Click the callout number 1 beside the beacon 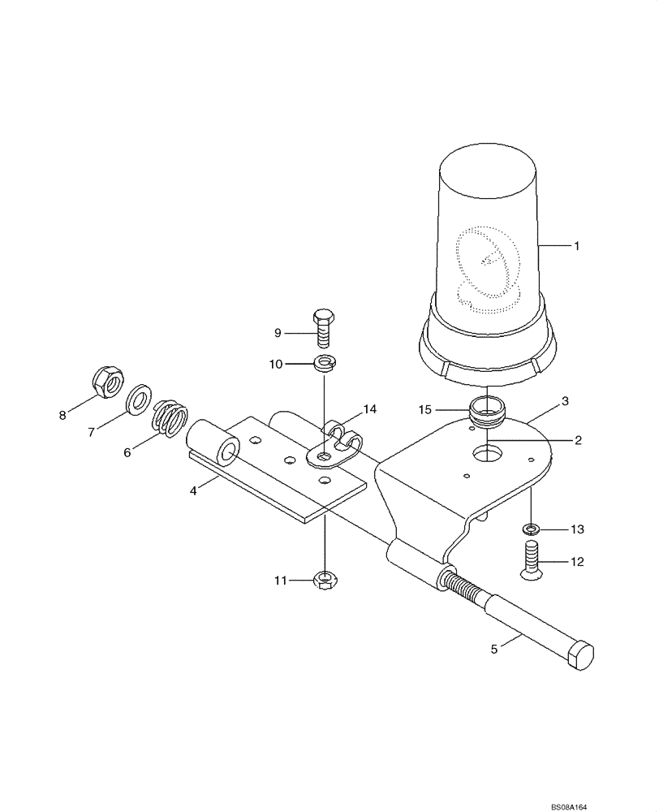point(577,245)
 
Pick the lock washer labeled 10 point(324,362)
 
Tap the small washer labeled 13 point(532,530)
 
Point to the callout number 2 point(577,440)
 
